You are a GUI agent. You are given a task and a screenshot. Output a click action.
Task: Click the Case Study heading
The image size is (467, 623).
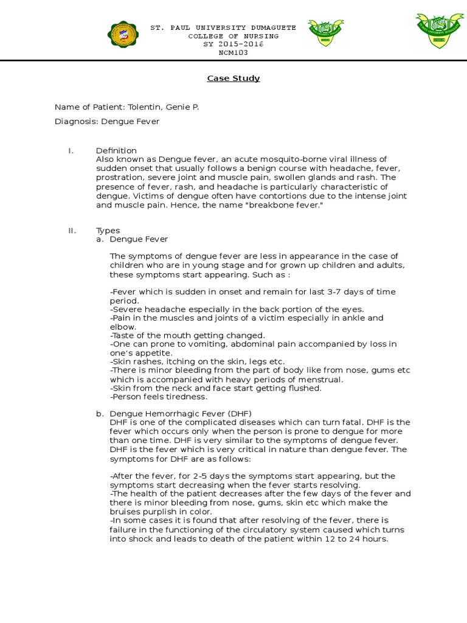pyautogui.click(x=233, y=78)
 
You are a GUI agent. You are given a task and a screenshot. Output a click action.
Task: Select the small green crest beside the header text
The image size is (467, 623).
pyautogui.click(x=325, y=32)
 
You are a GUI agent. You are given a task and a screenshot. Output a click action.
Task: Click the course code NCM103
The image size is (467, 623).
pyautogui.click(x=233, y=52)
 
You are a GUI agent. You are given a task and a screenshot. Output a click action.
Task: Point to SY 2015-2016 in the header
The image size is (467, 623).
pyautogui.click(x=233, y=44)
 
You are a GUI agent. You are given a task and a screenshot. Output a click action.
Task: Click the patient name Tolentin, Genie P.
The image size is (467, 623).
pyautogui.click(x=163, y=107)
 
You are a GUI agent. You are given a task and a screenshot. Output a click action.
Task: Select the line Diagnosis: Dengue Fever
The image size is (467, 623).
pyautogui.click(x=107, y=121)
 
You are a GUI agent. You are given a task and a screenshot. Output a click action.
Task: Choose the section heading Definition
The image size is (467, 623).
pyautogui.click(x=116, y=151)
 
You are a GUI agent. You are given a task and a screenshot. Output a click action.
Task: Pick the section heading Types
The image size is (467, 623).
pyautogui.click(x=108, y=231)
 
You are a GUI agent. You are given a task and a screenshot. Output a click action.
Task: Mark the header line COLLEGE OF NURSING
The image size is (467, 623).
pyautogui.click(x=233, y=37)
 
